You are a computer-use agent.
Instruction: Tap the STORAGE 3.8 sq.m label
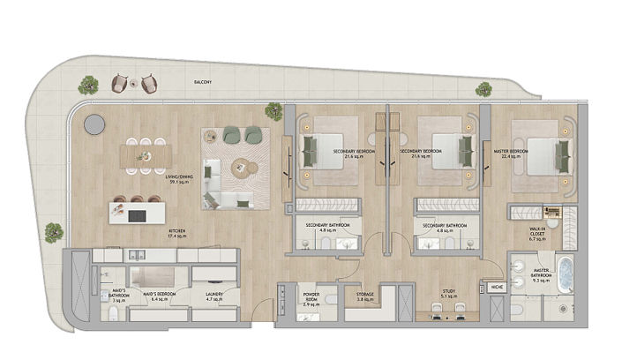pos(365,296)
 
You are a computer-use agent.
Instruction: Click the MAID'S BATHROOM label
pos(116,296)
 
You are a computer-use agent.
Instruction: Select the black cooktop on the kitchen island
pos(138,214)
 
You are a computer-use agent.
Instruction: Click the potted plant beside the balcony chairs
pos(87,86)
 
